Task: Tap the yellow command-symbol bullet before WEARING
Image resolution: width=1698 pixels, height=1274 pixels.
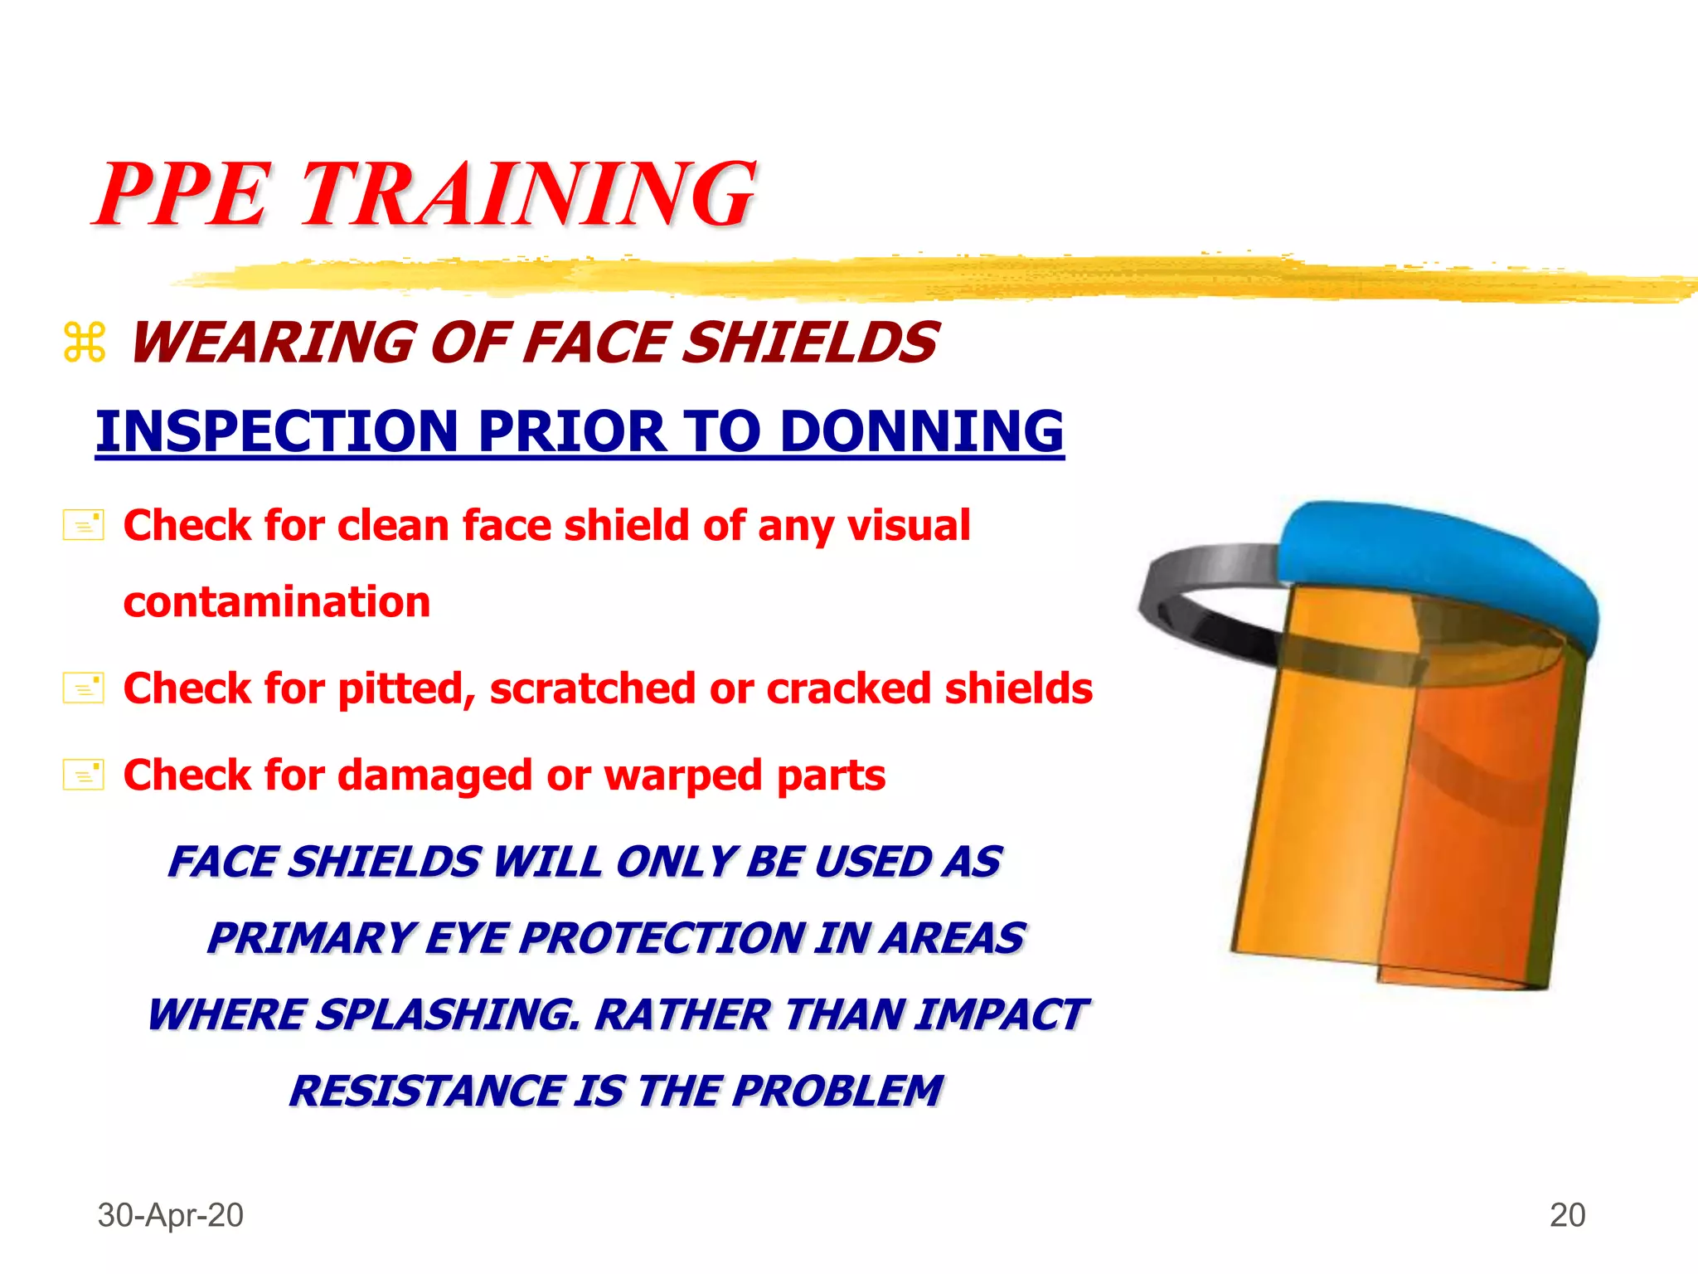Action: point(85,343)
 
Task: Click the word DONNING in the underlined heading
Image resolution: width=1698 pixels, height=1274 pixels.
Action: point(921,431)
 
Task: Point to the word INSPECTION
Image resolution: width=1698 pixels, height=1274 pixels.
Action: point(277,431)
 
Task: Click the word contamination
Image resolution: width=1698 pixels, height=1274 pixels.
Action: point(277,601)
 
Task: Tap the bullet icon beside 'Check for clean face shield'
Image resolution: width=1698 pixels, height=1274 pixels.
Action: point(84,526)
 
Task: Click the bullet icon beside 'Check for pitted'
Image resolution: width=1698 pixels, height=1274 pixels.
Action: point(84,688)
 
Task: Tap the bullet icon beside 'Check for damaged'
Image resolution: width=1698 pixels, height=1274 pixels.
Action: point(84,776)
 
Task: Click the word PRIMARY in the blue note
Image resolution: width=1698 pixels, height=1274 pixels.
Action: point(312,938)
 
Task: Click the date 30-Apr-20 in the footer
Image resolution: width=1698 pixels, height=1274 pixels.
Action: point(171,1215)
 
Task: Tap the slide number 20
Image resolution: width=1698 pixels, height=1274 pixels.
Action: point(1567,1215)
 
